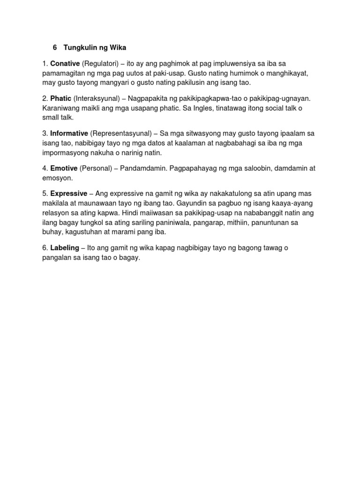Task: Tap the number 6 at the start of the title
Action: (54, 48)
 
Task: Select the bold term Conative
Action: (65, 63)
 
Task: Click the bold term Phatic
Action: (61, 98)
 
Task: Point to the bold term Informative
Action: (69, 134)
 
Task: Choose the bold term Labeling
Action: (65, 248)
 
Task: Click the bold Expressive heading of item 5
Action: (68, 193)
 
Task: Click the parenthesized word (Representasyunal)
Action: (120, 134)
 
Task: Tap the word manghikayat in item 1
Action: (287, 74)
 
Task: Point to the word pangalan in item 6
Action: (57, 258)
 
